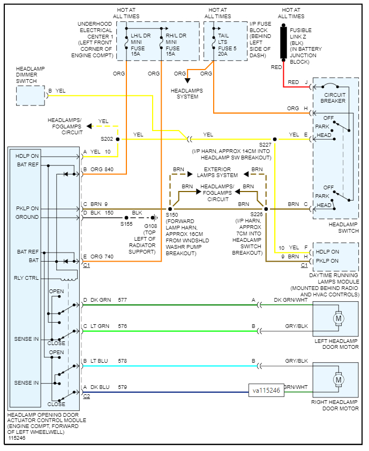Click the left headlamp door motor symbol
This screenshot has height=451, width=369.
coord(338,318)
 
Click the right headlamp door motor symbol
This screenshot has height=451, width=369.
coord(338,380)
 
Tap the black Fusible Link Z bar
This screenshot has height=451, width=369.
coord(283,43)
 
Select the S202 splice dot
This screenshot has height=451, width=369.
coord(118,139)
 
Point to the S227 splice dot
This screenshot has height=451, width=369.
coord(275,139)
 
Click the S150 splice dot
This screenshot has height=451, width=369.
coord(170,209)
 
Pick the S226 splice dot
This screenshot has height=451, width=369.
coord(266,209)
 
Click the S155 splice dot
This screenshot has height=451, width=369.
coord(126,218)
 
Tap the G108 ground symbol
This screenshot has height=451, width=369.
coord(155,218)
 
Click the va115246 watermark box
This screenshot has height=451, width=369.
coord(266,391)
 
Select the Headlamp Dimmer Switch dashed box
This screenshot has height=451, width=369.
coord(31,95)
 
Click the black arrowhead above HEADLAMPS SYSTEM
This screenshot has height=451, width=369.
coord(187,81)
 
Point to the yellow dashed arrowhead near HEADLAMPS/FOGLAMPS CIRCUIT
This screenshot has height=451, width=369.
coord(89,126)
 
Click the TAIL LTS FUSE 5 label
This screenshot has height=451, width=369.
coord(227,44)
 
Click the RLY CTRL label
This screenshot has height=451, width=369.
coord(26,278)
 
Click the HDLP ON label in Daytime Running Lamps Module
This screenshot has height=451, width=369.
coord(327,251)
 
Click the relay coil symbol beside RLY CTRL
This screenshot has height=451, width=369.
coord(69,279)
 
